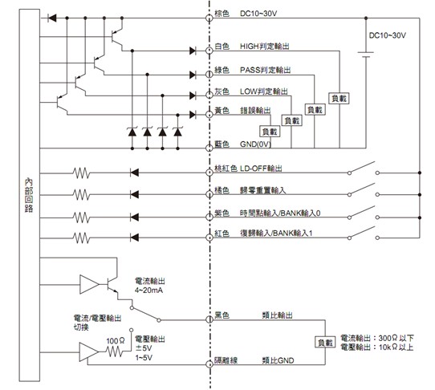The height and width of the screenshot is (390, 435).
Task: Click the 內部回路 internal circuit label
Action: tap(29, 196)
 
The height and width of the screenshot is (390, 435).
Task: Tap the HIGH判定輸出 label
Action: tap(265, 47)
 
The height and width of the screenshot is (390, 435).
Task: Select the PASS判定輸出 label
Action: tap(265, 70)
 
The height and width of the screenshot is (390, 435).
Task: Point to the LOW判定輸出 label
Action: tap(264, 91)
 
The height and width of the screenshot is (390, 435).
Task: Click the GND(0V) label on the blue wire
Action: tap(255, 144)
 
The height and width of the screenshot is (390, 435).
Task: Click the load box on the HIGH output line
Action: tap(339, 99)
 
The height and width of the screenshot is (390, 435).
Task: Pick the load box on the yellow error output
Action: tap(270, 132)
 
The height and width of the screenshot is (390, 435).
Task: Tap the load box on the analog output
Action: tap(325, 343)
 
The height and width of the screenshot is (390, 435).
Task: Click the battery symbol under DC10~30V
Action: tap(366, 55)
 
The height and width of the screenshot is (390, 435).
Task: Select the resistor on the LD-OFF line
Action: tap(81, 173)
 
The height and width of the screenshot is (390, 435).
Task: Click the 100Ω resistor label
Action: tap(116, 341)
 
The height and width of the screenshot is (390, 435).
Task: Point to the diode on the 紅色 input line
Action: tap(135, 238)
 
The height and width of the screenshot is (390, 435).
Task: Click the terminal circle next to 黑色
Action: tap(209, 320)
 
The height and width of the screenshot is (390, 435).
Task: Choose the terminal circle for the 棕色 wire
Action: tap(209, 18)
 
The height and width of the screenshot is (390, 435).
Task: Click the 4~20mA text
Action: tap(148, 290)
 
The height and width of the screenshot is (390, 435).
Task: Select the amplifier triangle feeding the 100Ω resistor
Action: tap(89, 352)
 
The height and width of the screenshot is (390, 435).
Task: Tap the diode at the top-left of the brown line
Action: tap(52, 18)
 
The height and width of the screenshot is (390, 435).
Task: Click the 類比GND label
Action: tap(278, 360)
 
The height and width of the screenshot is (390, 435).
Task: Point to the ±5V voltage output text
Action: tap(144, 348)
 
